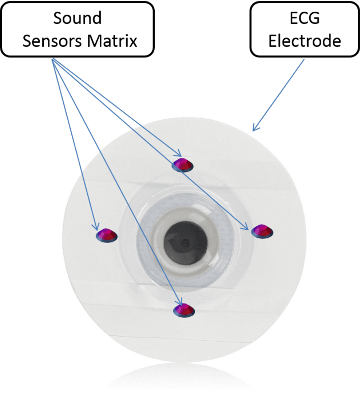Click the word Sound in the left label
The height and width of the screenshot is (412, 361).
(x=77, y=19)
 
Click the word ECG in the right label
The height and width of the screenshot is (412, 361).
(x=305, y=19)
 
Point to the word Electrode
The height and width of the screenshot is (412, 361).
(x=305, y=42)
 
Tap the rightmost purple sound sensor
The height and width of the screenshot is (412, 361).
(x=262, y=231)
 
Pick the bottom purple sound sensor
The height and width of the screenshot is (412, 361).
(x=184, y=310)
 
